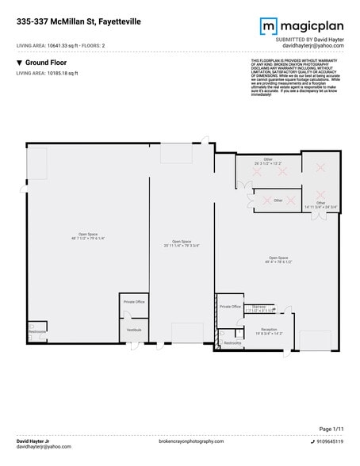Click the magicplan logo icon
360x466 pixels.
(268, 26)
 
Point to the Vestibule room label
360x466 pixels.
(134, 329)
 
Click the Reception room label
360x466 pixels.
(270, 330)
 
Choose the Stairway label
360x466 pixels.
(259, 307)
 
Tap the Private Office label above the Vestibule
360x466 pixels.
(134, 301)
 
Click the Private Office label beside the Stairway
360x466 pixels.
(230, 306)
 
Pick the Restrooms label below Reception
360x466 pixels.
(232, 342)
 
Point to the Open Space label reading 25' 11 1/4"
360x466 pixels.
(182, 244)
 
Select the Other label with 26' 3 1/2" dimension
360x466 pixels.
(268, 162)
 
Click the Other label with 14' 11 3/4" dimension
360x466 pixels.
(320, 204)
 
